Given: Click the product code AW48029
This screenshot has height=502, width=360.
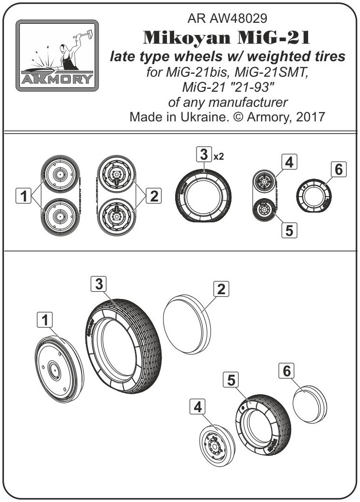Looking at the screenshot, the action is pos(238,18).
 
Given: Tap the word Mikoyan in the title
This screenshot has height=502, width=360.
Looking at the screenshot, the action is pos(187,38).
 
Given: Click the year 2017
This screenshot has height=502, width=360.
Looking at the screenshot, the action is pos(311,117).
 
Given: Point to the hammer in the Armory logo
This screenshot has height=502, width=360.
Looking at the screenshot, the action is pos(83,35).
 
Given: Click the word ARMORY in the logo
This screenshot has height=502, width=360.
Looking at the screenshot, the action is pos(57,79).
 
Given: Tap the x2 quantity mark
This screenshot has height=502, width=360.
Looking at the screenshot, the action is pos(218,156).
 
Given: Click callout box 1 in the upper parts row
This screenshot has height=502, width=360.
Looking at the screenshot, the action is pos(24,196).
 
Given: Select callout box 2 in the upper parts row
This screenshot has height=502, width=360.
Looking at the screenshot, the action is pos(154,196).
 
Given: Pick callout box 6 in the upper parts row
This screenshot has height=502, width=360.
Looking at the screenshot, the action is pos(339,169).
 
